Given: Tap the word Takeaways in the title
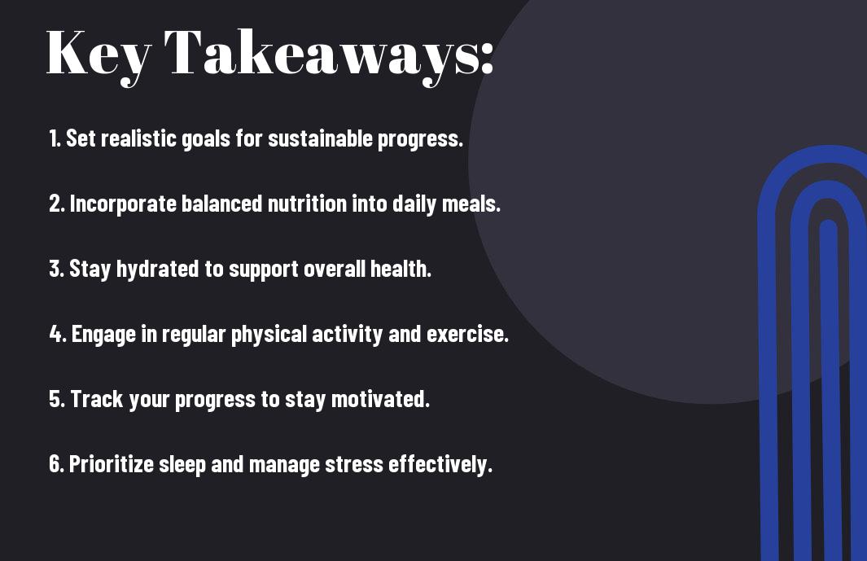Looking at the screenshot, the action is point(313,56).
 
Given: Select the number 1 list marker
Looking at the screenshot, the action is point(55,138).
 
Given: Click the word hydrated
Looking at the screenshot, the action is point(157,270).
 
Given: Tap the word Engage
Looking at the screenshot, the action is point(103,335).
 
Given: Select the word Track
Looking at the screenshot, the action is point(97,399).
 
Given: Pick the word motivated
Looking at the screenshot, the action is point(380,399).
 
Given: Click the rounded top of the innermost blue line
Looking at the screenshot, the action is point(828,225).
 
